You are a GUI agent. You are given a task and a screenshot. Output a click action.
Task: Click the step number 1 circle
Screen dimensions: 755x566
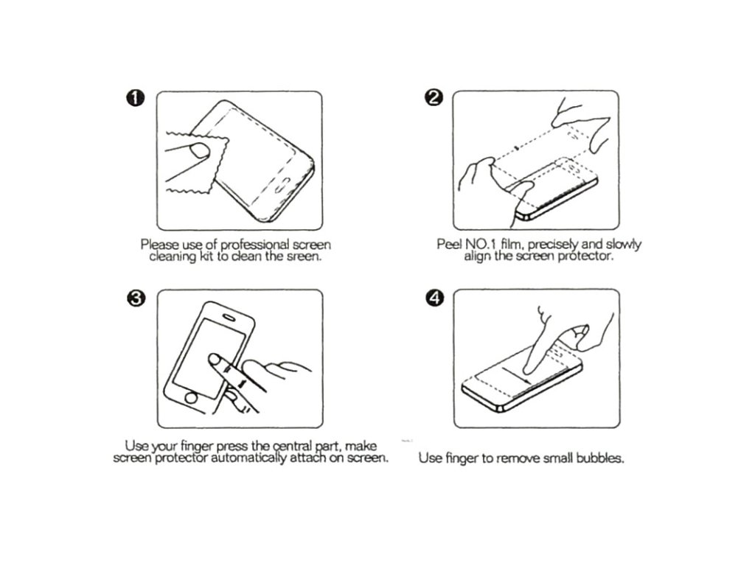click(136, 98)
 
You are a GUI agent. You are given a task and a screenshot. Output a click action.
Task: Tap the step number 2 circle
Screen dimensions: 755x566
click(434, 98)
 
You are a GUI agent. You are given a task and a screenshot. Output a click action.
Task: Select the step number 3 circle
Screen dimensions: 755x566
click(136, 298)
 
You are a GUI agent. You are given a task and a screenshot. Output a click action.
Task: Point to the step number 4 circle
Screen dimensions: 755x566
click(435, 298)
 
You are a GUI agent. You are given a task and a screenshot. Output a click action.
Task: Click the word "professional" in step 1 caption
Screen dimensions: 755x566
click(254, 245)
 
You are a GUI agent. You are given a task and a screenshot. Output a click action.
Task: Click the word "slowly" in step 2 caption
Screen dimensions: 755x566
click(624, 245)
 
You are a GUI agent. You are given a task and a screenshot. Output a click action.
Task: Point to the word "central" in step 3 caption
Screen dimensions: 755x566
click(293, 446)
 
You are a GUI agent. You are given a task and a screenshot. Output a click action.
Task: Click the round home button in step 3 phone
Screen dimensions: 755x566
click(191, 398)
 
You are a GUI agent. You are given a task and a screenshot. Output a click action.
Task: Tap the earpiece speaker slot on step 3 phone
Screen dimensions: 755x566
click(229, 317)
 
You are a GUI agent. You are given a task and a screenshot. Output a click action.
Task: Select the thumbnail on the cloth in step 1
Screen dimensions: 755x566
click(200, 150)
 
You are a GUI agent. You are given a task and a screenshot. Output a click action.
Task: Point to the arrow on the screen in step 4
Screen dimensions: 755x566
click(517, 375)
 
